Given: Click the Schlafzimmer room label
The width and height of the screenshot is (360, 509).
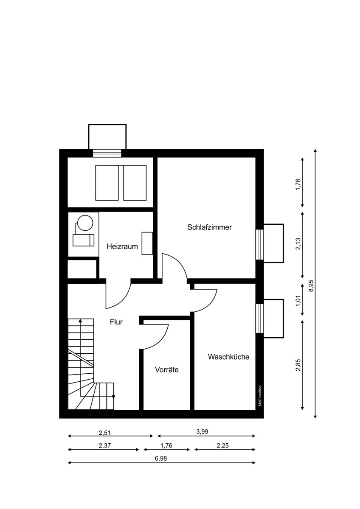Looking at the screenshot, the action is tap(209, 227).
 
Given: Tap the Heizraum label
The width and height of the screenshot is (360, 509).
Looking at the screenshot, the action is tap(122, 246).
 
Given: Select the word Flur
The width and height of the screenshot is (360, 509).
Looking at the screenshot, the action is tap(116, 322).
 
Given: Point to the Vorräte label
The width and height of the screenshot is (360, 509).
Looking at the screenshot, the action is tap(167, 370).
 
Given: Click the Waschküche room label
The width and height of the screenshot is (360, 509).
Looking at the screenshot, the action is tap(228, 357).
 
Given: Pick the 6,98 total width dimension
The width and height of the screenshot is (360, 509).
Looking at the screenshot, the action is tap(161, 459).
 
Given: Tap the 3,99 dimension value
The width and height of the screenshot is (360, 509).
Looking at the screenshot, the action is tap(202, 431).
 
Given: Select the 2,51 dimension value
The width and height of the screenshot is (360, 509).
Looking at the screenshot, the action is tap(104, 433).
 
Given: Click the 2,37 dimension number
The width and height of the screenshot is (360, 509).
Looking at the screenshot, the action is tap(104, 446).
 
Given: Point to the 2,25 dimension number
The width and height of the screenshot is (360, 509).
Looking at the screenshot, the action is tap(222, 446).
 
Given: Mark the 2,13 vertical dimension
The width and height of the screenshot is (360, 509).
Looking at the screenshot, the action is tap(298, 243).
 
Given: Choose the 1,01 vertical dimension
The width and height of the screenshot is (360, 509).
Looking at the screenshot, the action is tap(298, 300).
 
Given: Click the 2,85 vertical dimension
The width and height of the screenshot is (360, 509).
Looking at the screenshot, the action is tap(298, 365).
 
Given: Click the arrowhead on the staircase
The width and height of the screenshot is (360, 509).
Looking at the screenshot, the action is tap(80, 321).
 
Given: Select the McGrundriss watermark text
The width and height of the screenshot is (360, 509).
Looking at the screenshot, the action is tap(260, 396).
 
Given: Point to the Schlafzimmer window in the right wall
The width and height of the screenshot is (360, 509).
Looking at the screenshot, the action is tap(259, 244).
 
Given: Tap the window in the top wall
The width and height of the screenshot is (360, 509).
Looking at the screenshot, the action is tap(107, 153).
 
